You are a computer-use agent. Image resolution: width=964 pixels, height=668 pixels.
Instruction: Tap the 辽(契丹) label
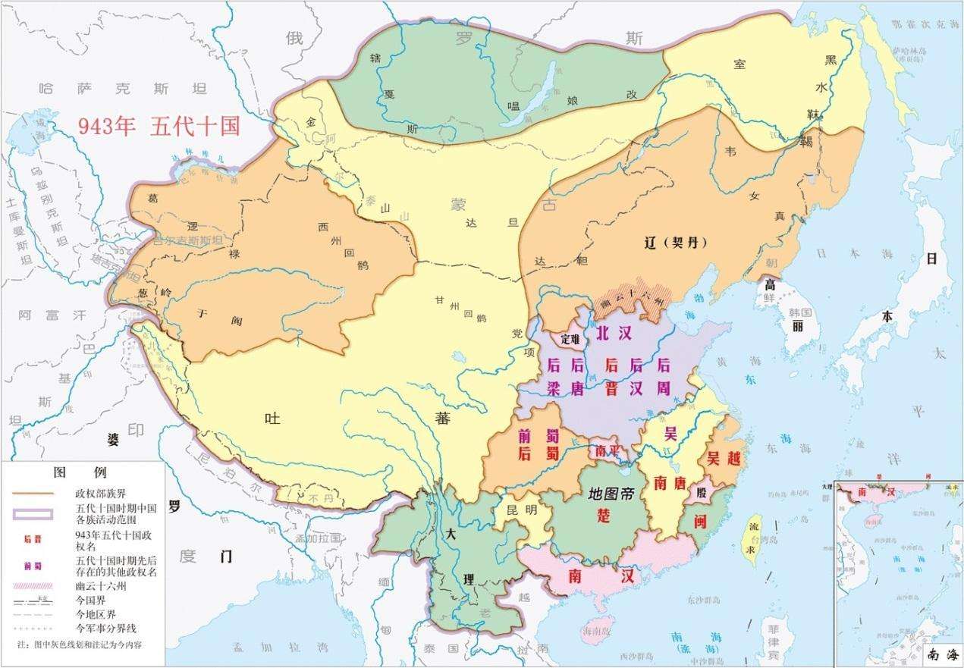click(671, 243)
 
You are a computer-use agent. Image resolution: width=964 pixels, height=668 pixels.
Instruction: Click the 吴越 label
click(724, 458)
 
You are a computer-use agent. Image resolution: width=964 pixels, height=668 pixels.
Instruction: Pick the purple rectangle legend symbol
click(32, 513)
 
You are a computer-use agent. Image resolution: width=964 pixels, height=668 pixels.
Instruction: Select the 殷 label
click(699, 493)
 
